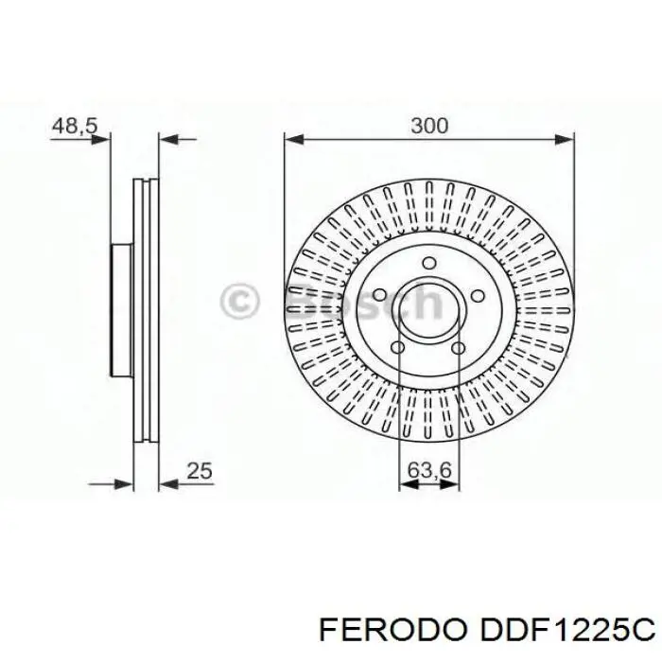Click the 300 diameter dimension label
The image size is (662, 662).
click(x=428, y=125)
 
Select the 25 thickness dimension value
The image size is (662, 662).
click(x=200, y=469)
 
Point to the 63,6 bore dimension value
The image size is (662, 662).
click(x=428, y=469)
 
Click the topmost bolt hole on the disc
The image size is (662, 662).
click(x=428, y=264)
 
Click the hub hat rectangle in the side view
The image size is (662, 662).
click(x=122, y=308)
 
